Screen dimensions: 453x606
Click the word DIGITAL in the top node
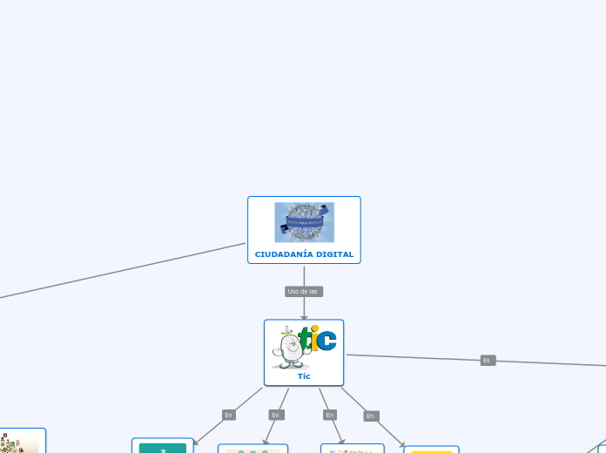click(x=336, y=254)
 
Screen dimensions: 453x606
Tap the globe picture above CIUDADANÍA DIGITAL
click(x=304, y=222)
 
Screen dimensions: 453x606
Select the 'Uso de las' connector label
click(x=303, y=291)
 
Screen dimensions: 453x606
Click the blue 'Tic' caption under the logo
click(x=304, y=376)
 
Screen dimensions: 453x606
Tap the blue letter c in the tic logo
click(x=327, y=339)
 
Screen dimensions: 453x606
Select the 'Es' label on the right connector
click(x=488, y=360)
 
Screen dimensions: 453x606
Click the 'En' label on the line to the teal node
click(x=229, y=415)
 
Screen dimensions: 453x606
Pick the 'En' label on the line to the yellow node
click(x=371, y=416)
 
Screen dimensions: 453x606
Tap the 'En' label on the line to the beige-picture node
click(x=276, y=415)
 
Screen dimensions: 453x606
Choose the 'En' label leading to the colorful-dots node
click(x=330, y=415)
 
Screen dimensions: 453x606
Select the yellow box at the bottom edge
click(x=431, y=450)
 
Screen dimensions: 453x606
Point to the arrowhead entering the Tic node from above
click(x=304, y=317)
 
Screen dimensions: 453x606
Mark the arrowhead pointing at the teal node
click(x=196, y=442)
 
